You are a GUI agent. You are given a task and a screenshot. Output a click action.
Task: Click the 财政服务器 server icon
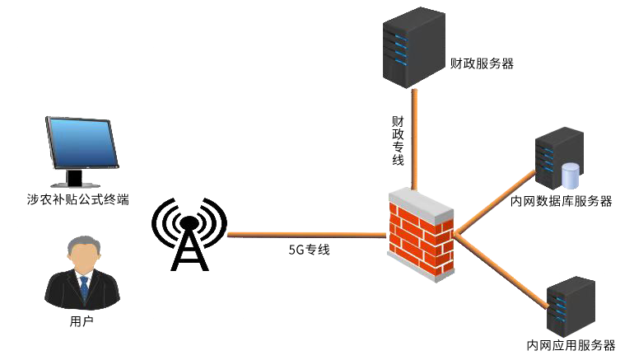point(413,47)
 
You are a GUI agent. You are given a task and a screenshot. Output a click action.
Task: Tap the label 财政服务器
point(482,63)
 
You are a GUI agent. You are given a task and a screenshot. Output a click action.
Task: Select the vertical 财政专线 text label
point(398,141)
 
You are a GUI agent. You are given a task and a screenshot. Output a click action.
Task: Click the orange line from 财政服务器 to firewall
point(414,139)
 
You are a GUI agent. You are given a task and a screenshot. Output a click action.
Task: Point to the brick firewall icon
point(421,235)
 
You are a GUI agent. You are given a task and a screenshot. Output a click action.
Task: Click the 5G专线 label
point(310,250)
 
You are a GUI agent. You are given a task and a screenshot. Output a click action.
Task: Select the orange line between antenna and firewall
point(306,235)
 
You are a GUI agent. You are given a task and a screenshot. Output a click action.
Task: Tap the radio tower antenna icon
point(189,234)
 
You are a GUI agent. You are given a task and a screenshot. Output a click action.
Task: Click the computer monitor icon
point(82,152)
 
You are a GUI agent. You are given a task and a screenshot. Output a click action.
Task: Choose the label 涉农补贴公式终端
point(78,199)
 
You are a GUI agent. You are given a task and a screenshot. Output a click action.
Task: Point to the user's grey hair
point(84,245)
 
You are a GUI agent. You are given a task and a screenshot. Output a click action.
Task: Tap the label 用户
point(82,321)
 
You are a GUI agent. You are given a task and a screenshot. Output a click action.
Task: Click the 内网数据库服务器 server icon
point(560,157)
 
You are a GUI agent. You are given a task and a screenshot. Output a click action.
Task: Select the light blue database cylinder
point(571,175)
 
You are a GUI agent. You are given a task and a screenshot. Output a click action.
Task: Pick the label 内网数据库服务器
point(562,201)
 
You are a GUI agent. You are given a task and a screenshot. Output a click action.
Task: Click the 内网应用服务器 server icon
point(571,306)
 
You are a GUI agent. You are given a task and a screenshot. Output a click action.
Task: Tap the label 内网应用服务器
point(571,345)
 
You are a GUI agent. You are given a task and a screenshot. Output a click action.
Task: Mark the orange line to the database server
point(495,203)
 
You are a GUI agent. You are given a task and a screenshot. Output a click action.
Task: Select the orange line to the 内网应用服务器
point(501,271)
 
